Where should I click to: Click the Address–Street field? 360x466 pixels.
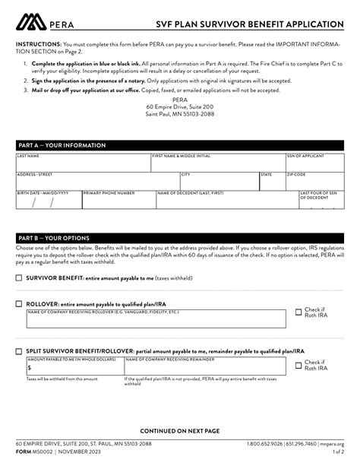pos(96,182)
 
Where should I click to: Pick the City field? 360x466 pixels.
pos(219,182)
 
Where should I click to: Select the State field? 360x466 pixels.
pos(272,182)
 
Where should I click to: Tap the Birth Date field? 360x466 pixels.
pos(47,203)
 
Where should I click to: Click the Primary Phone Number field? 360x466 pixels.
pos(118,203)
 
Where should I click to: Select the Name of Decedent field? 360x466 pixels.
pos(226,203)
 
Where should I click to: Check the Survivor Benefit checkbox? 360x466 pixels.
pos(19,278)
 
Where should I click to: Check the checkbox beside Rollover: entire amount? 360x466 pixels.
pos(19,303)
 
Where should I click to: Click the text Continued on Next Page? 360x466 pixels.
pos(180,430)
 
